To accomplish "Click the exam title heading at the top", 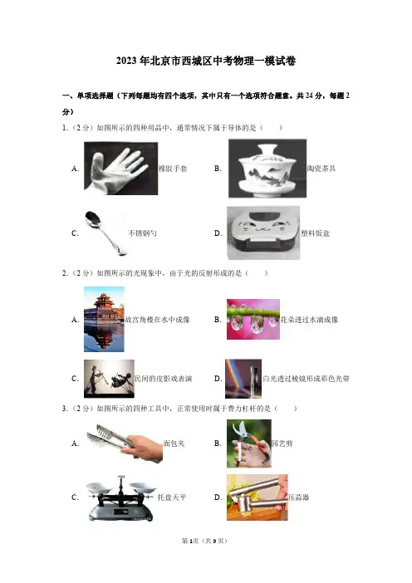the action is click(x=206, y=61).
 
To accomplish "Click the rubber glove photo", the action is click(x=120, y=169).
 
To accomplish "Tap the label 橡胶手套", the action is click(x=173, y=169).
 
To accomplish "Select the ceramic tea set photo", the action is click(x=267, y=169).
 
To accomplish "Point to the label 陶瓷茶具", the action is click(x=321, y=169).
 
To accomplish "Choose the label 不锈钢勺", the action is click(x=142, y=233).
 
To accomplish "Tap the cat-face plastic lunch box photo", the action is click(x=263, y=233).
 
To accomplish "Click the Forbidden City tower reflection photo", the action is click(x=104, y=319).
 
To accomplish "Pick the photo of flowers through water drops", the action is click(x=253, y=320).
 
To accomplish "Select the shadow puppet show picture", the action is click(x=109, y=379).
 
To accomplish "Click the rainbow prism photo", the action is click(x=243, y=379).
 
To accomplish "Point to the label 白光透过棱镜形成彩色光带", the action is click(x=306, y=379).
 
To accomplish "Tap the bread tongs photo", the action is click(x=125, y=443).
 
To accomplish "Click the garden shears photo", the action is click(x=249, y=443).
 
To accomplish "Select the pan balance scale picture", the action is click(x=120, y=497).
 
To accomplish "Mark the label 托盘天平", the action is click(x=172, y=497).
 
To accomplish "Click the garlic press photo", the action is click(x=257, y=497).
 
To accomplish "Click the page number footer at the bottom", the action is click(x=204, y=541).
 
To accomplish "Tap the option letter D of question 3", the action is click(x=218, y=497).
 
